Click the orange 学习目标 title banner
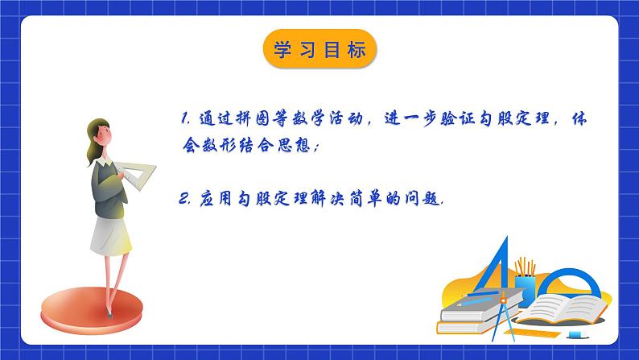(319, 50)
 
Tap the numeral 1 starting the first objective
(184, 118)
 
